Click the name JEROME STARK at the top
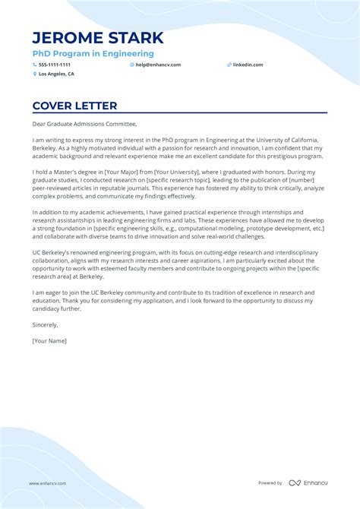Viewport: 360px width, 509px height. [x=98, y=38]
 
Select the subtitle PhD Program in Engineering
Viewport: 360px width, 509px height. [x=93, y=54]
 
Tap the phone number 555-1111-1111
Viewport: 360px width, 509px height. [x=55, y=65]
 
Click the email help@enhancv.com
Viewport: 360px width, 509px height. [x=158, y=65]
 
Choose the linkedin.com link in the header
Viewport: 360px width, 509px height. [x=248, y=65]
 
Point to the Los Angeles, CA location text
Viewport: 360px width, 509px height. [x=56, y=74]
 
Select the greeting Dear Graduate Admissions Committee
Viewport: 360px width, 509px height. [x=84, y=124]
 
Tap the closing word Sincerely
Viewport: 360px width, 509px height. [x=45, y=324]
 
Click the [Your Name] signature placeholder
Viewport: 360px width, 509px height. [x=49, y=341]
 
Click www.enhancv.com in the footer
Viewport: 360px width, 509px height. [x=48, y=483]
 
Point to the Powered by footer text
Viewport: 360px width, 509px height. [x=270, y=483]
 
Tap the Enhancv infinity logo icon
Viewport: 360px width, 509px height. [x=295, y=483]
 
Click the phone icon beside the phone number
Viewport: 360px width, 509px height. [x=34, y=65]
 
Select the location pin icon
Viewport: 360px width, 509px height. [x=34, y=74]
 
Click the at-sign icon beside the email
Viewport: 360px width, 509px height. [x=131, y=65]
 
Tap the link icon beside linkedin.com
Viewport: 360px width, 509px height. [x=229, y=65]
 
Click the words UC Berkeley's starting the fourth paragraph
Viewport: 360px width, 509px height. [x=53, y=251]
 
